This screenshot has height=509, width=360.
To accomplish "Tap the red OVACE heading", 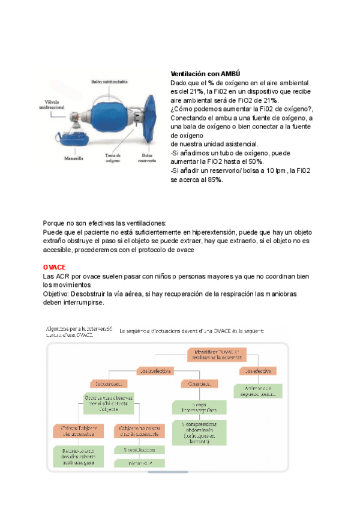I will coord(54,267).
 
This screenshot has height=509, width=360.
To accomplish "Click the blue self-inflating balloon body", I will coord(110,117).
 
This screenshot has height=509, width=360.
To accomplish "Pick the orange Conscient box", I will coord(197,382).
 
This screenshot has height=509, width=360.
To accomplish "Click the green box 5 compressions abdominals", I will coord(198,433).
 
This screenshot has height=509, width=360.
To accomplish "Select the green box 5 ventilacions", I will coord(139,449).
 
